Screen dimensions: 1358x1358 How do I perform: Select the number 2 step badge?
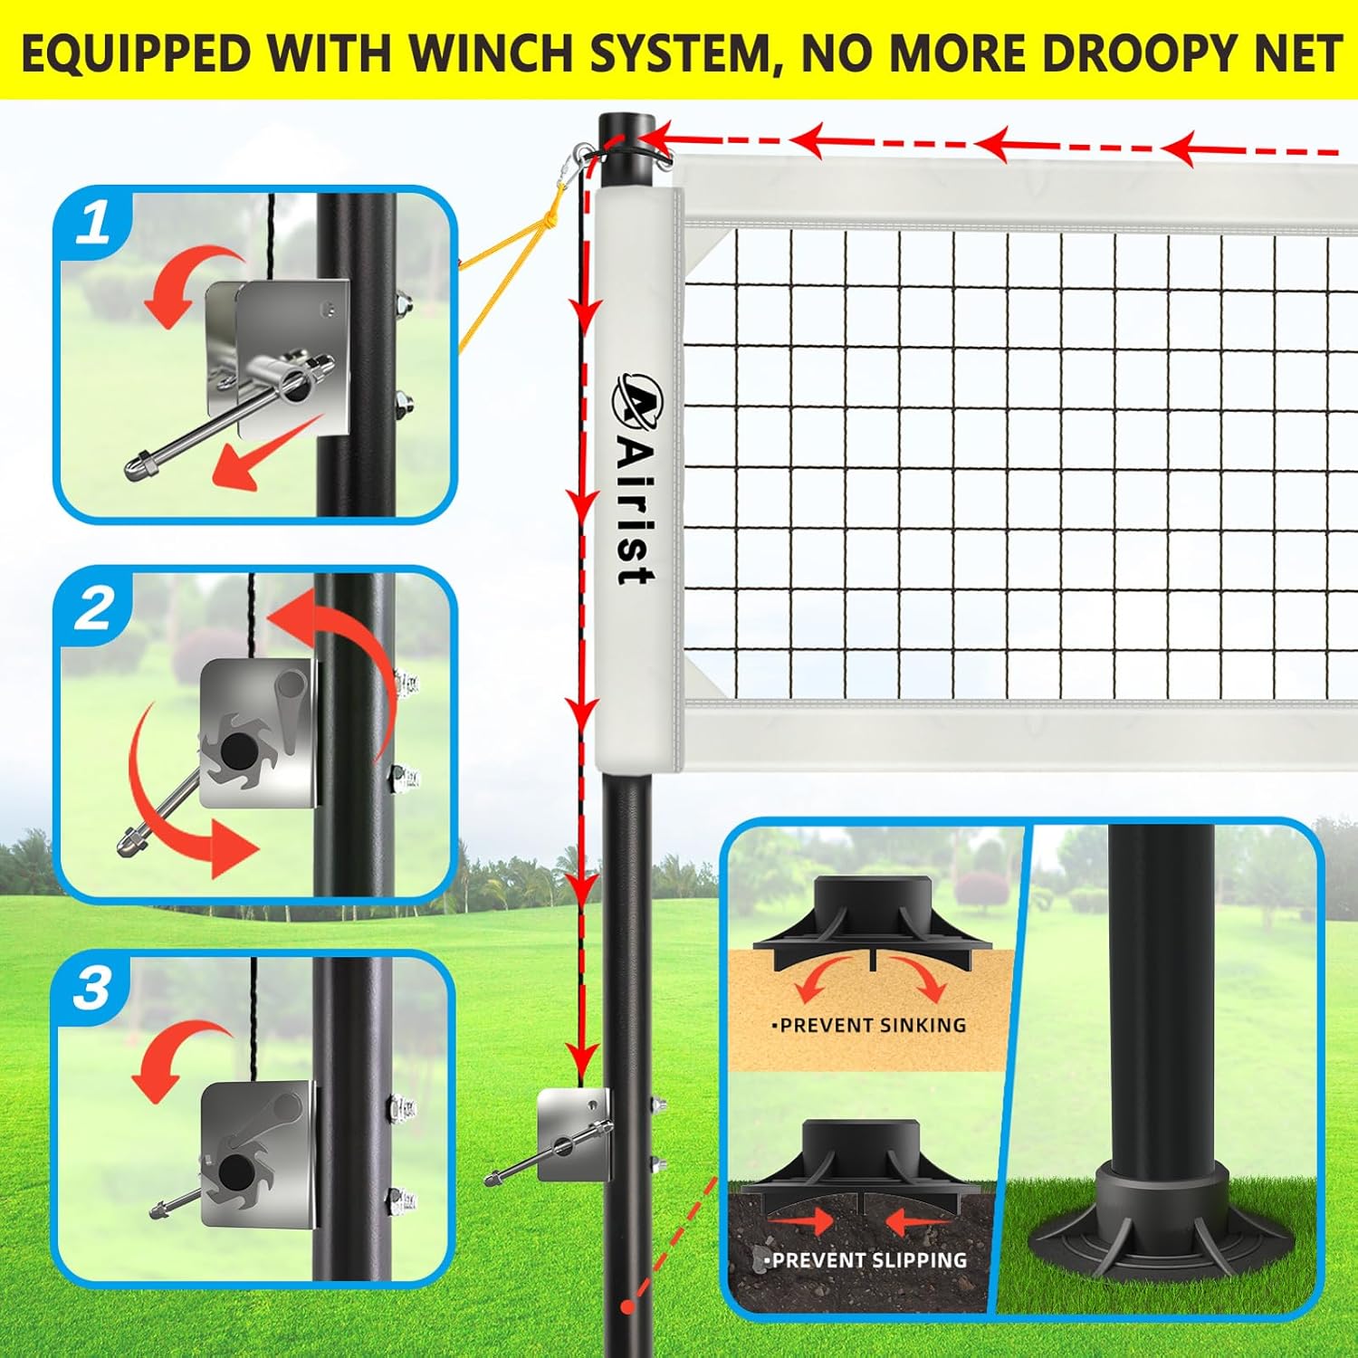[93, 609]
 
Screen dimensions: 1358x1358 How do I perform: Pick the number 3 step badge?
[92, 989]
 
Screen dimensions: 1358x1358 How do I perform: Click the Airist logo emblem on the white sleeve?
[639, 399]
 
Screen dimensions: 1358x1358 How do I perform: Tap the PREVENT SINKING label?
[872, 1025]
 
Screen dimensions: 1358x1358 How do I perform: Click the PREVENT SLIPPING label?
[869, 1259]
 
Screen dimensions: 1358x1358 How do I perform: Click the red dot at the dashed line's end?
[626, 1307]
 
